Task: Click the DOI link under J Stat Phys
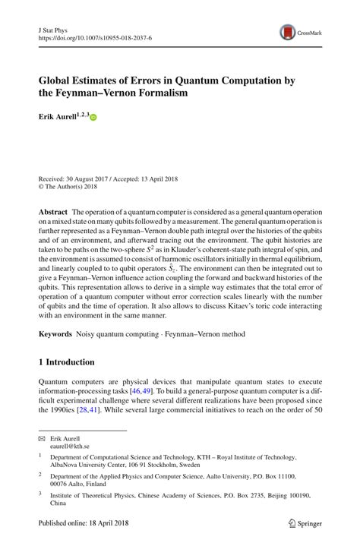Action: click(x=89, y=36)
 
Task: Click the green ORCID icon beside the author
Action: click(x=94, y=119)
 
